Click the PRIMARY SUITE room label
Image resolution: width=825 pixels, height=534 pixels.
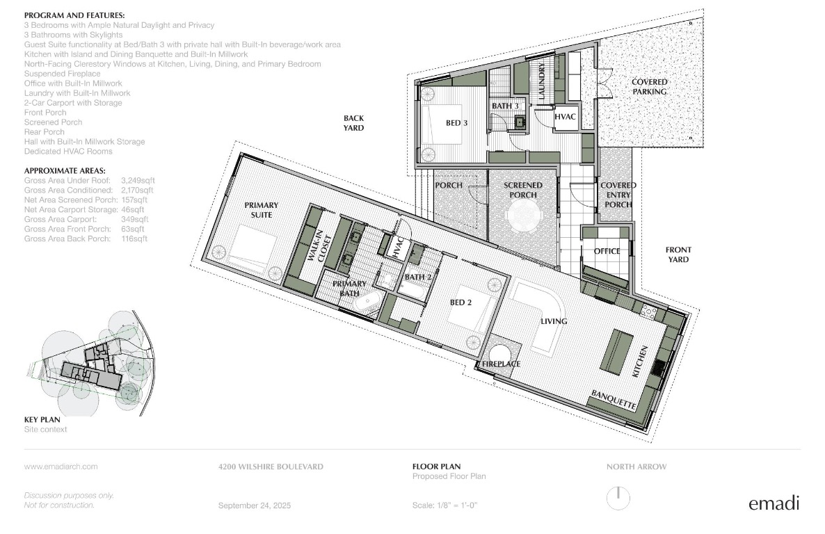pos(261,210)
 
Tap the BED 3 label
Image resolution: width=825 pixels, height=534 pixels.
pos(457,123)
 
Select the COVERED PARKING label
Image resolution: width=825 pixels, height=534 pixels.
pos(649,87)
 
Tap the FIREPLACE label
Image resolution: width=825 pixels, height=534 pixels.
pos(501,364)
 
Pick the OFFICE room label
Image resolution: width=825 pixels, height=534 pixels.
pos(607,251)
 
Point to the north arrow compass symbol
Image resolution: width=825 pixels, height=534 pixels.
pos(618,498)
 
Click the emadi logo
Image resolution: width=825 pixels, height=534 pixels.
pos(774,503)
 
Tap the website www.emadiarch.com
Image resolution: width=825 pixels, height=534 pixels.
pos(61,467)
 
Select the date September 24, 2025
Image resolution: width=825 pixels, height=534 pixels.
pos(254,505)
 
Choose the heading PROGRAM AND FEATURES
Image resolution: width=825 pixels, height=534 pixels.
pos(74,15)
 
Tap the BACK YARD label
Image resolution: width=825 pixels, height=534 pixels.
pos(353,123)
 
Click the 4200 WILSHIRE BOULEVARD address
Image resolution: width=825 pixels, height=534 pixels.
pos(271,467)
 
